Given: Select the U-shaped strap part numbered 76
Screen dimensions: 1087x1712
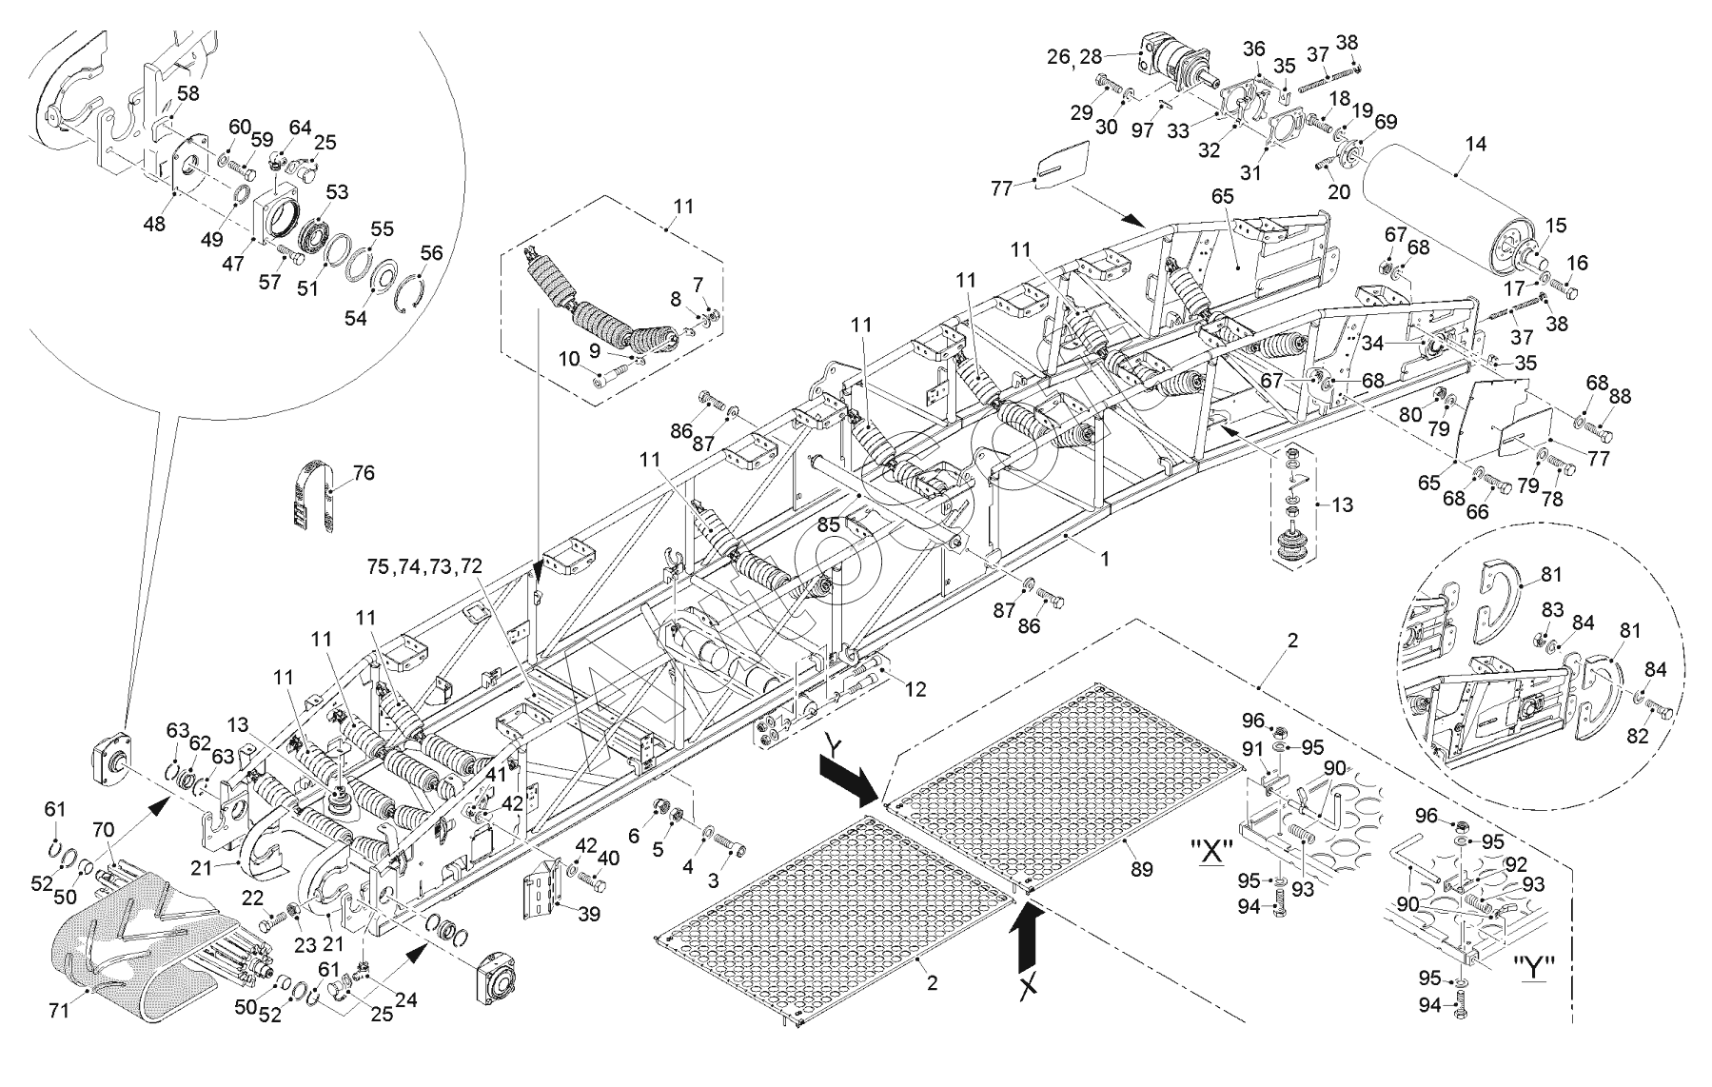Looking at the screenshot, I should point(315,497).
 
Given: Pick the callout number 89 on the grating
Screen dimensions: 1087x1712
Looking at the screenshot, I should point(1141,869).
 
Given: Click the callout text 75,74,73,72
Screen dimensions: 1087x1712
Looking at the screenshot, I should point(424,565).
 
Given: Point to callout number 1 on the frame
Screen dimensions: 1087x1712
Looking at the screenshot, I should point(1105,560).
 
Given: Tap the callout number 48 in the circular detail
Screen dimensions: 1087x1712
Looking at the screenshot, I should point(153,225).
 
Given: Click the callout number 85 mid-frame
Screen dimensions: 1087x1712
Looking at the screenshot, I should point(829,524).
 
